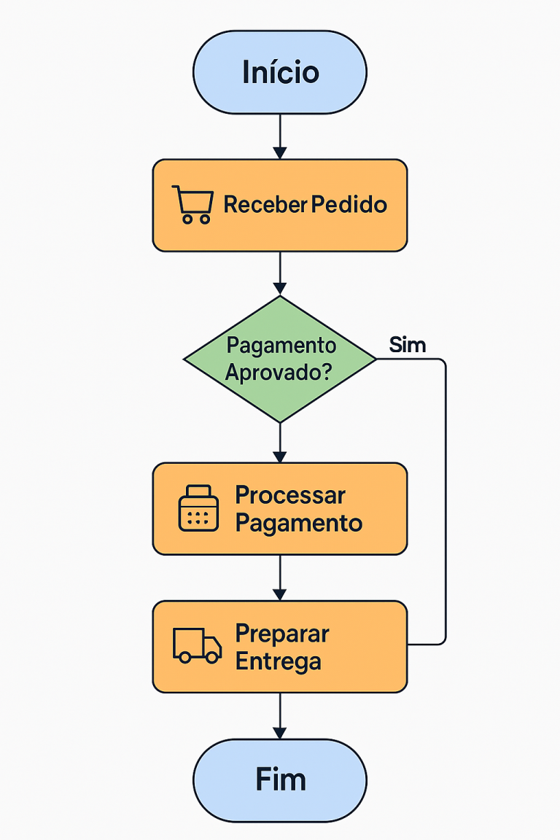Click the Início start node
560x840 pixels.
coord(280,72)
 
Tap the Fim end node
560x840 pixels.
coord(280,780)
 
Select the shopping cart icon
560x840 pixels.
coord(192,204)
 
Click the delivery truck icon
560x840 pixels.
coord(197,645)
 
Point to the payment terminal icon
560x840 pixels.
coord(198,508)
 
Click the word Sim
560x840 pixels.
coord(408,345)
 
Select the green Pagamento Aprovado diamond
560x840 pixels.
coord(280,359)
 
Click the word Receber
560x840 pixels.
coord(265,204)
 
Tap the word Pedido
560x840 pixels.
coord(349,204)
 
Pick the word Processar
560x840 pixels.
coord(290,495)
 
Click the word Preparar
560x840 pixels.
coord(282,633)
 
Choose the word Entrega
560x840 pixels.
coord(279,661)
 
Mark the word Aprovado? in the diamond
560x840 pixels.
coord(279,373)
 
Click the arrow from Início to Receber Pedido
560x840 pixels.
coord(280,136)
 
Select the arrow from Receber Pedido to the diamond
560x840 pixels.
coord(280,273)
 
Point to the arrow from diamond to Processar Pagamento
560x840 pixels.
coord(280,442)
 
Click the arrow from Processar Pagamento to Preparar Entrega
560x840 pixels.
coord(280,577)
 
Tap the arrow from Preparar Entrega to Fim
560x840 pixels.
coord(280,715)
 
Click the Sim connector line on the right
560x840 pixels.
coord(445,503)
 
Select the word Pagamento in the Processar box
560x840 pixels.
coord(299,523)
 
